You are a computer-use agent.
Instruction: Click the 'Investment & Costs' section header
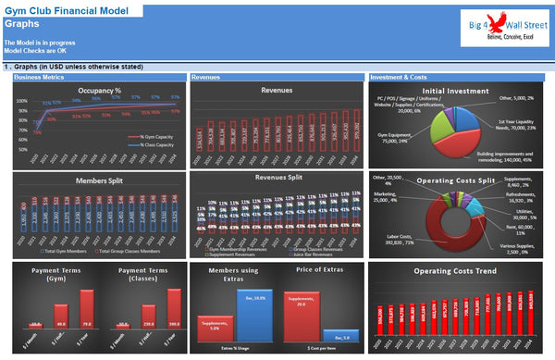[x=400, y=78]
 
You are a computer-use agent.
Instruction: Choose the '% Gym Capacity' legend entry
[x=150, y=136]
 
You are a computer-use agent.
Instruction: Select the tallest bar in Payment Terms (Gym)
[x=86, y=304]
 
